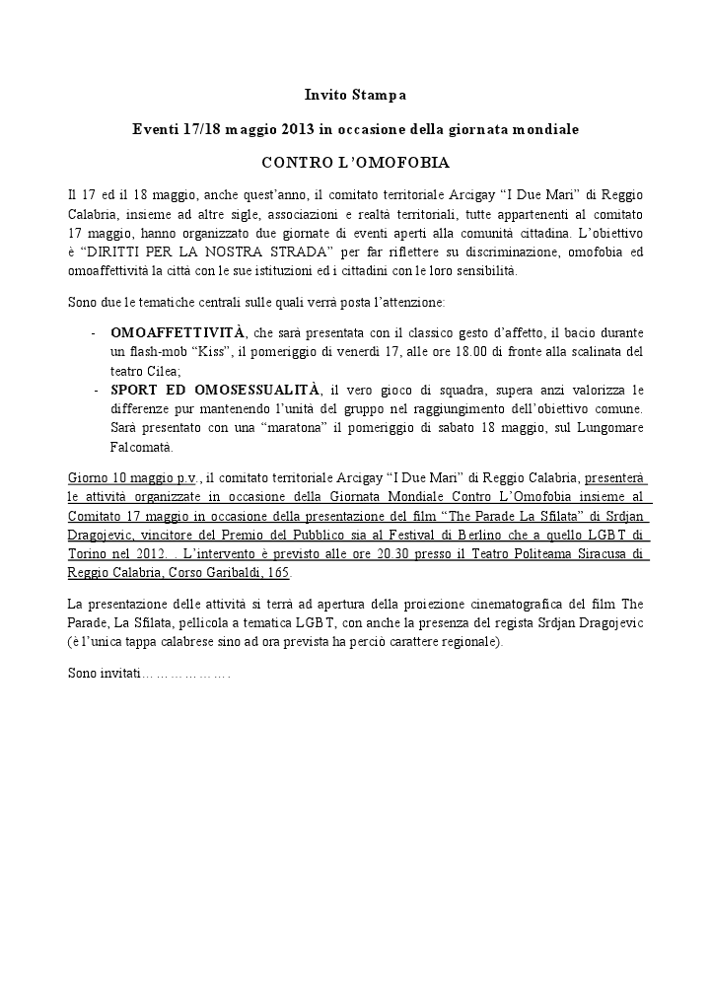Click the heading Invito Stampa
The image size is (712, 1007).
(355, 96)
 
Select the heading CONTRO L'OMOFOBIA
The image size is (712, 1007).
(355, 161)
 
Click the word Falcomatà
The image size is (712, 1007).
(141, 446)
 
